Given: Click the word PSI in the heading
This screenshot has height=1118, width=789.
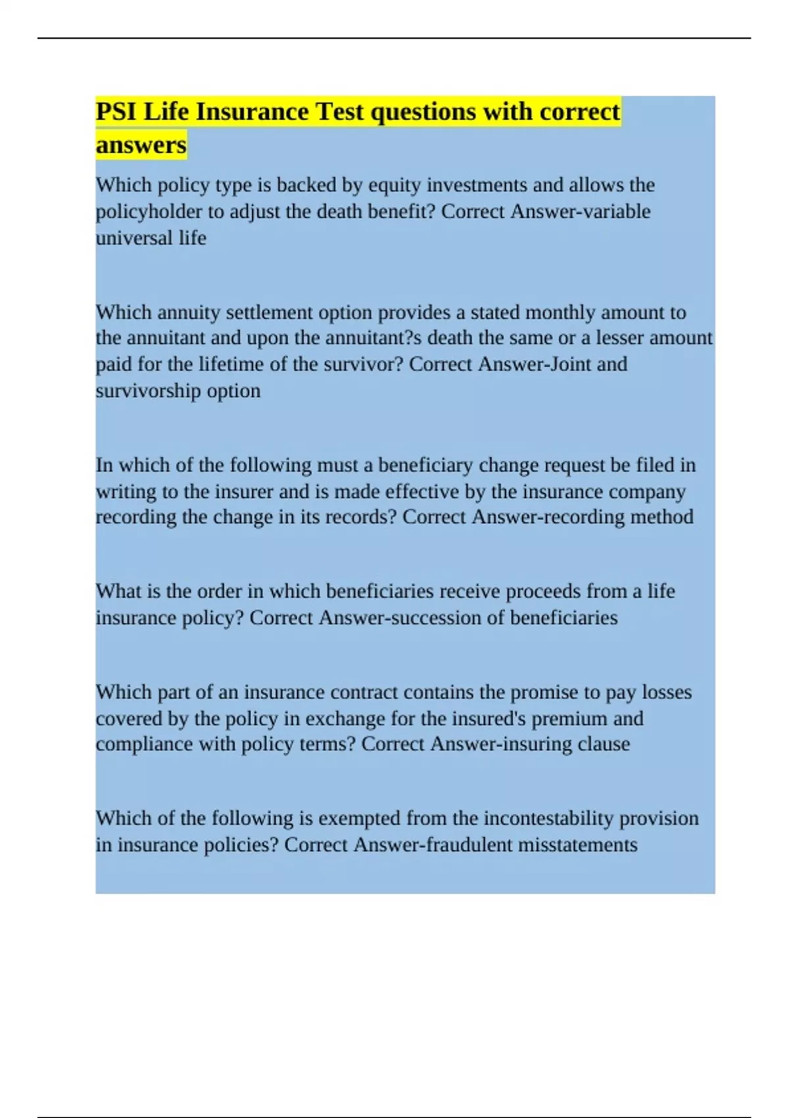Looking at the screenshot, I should [116, 112].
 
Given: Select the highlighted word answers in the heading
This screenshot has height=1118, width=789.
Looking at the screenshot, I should [141, 145].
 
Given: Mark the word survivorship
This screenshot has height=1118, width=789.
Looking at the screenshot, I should [148, 391].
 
